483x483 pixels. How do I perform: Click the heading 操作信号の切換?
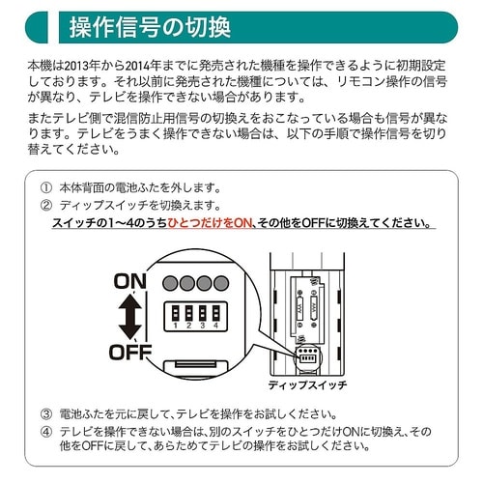(x=150, y=28)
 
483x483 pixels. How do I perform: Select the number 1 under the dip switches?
(x=177, y=326)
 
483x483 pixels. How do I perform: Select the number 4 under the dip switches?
(x=216, y=326)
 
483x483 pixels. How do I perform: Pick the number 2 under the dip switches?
(x=190, y=326)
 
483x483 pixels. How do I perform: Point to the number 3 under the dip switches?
(x=204, y=326)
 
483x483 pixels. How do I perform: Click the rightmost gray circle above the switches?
(x=222, y=283)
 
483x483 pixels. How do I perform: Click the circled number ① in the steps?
(x=45, y=187)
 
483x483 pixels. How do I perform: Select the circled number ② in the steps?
(x=45, y=205)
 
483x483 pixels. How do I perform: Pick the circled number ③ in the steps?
(x=45, y=412)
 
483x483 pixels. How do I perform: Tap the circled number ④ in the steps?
(x=45, y=430)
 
